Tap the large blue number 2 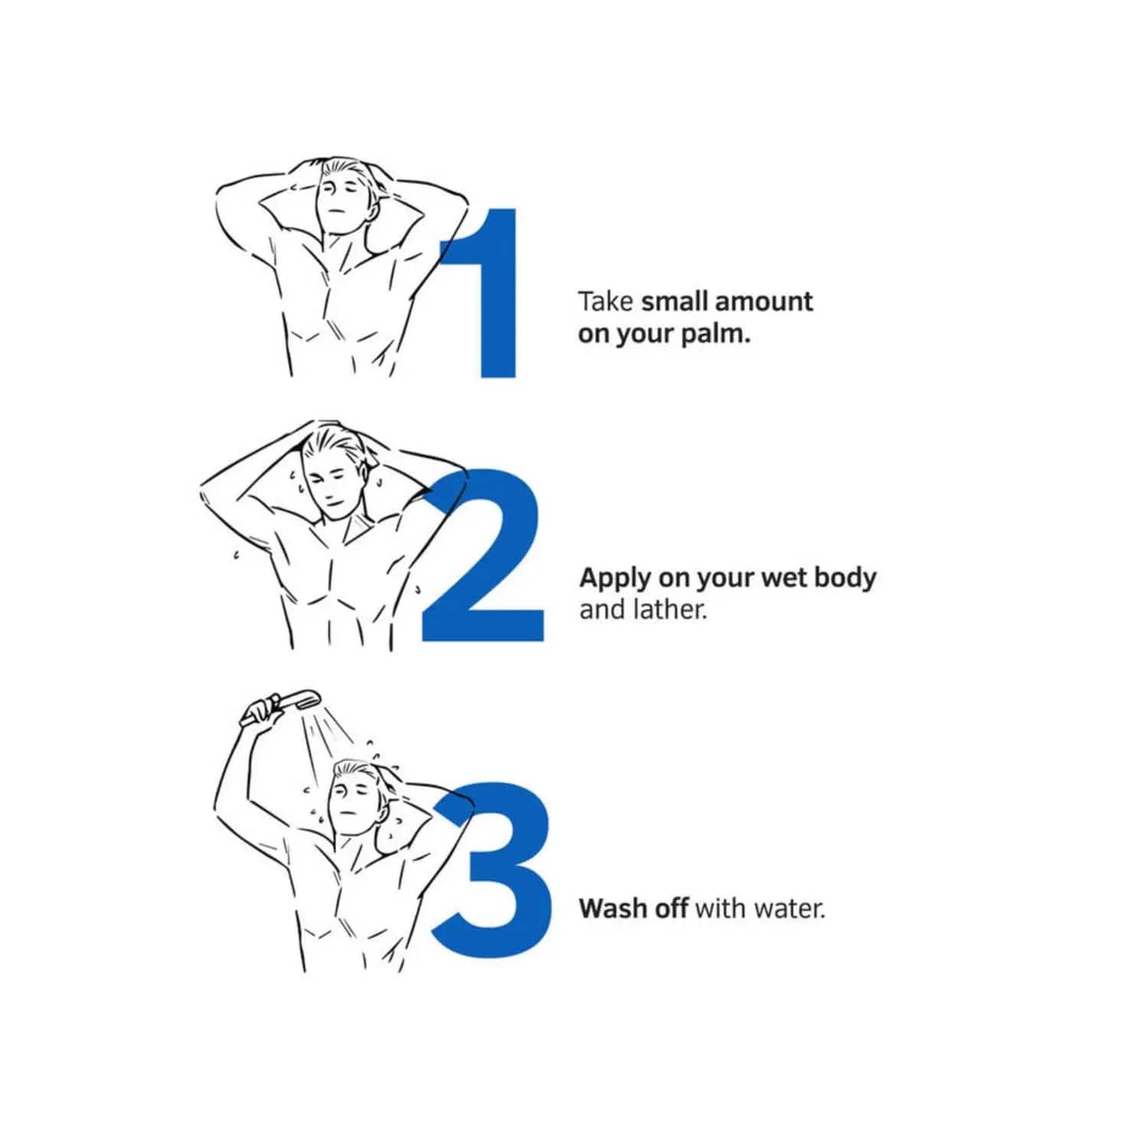482,554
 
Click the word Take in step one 605,302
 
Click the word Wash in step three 612,908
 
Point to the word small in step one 670,302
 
